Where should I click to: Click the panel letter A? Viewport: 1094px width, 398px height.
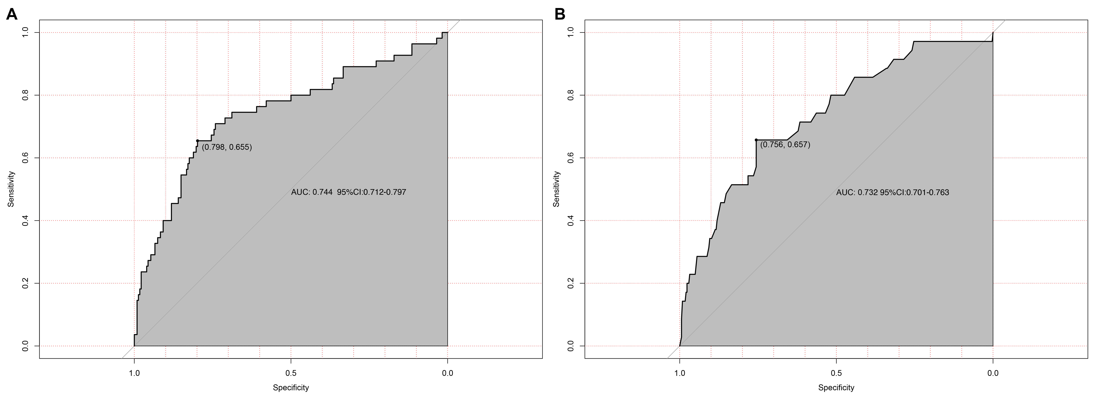pyautogui.click(x=12, y=14)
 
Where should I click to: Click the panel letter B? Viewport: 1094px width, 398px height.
pyautogui.click(x=560, y=14)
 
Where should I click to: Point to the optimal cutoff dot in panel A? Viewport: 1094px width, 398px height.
pyautogui.click(x=198, y=141)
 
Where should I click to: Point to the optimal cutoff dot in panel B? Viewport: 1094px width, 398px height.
pyautogui.click(x=756, y=140)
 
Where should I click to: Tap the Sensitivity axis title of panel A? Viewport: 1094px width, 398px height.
pyautogui.click(x=11, y=189)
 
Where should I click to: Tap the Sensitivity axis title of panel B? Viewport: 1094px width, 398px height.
pyautogui.click(x=556, y=189)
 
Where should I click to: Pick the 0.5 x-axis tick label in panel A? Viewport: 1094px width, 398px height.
pyautogui.click(x=291, y=373)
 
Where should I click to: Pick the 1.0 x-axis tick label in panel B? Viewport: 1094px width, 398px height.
pyautogui.click(x=680, y=373)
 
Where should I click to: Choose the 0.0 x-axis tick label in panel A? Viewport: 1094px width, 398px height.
pyautogui.click(x=448, y=373)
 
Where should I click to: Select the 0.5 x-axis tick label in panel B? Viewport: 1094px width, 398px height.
pyautogui.click(x=836, y=373)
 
